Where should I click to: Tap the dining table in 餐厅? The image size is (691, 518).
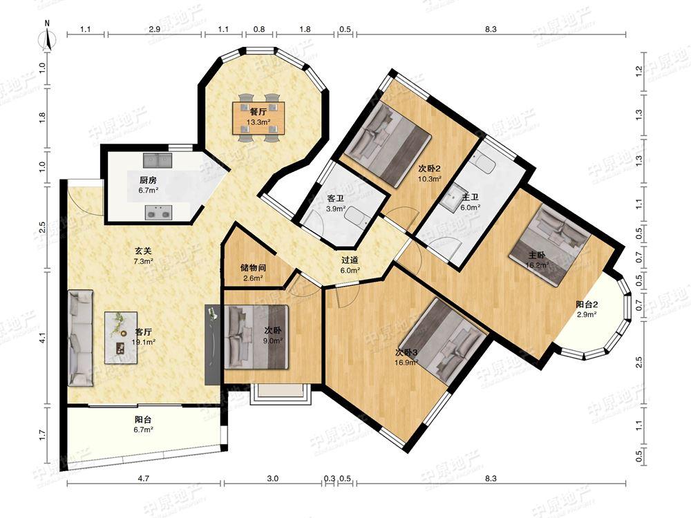[x=259, y=117]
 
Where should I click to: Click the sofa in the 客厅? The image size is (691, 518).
[x=80, y=338]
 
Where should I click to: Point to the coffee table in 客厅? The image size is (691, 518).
[x=121, y=338]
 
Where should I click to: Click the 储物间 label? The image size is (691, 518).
[x=253, y=267]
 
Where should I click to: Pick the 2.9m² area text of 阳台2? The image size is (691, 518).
[x=587, y=314]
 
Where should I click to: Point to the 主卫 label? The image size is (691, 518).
[x=470, y=197]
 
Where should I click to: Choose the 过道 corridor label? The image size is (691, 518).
[x=350, y=260]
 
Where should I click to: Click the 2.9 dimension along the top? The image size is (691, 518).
[x=154, y=30]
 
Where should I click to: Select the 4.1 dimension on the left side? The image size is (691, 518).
[x=42, y=338]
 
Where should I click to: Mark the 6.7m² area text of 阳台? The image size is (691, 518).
[x=144, y=430]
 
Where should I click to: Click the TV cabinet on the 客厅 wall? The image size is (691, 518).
[x=212, y=345]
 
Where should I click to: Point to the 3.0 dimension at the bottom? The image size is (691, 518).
[x=273, y=479]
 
